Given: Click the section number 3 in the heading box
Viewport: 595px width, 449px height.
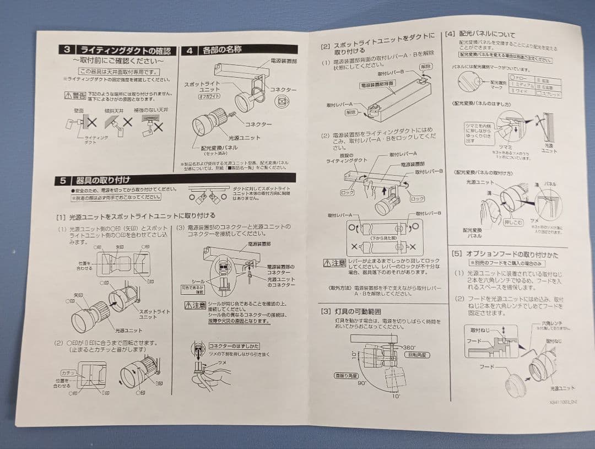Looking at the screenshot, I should click(66, 50).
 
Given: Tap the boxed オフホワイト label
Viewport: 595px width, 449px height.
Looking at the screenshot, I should click(209, 96).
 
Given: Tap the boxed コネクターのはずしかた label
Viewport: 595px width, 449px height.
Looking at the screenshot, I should click(226, 345).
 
